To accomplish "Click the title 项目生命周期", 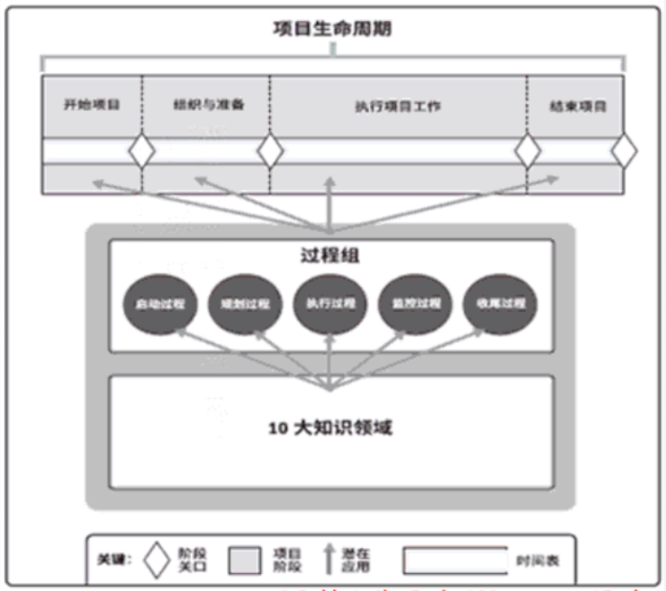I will [x=332, y=29].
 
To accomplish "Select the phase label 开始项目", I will [x=92, y=105].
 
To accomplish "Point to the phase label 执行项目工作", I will [x=398, y=106].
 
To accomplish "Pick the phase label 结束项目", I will [x=577, y=106].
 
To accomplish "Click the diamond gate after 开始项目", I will [x=142, y=151].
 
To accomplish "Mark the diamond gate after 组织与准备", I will [x=270, y=151].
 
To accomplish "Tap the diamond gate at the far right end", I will [x=624, y=151].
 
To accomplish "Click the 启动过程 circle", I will [x=161, y=305].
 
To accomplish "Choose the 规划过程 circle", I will [x=245, y=305].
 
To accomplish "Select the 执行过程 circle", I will [x=330, y=305].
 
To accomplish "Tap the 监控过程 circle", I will [x=415, y=305].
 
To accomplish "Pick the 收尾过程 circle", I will [x=500, y=305].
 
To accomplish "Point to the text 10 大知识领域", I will [x=330, y=428].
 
